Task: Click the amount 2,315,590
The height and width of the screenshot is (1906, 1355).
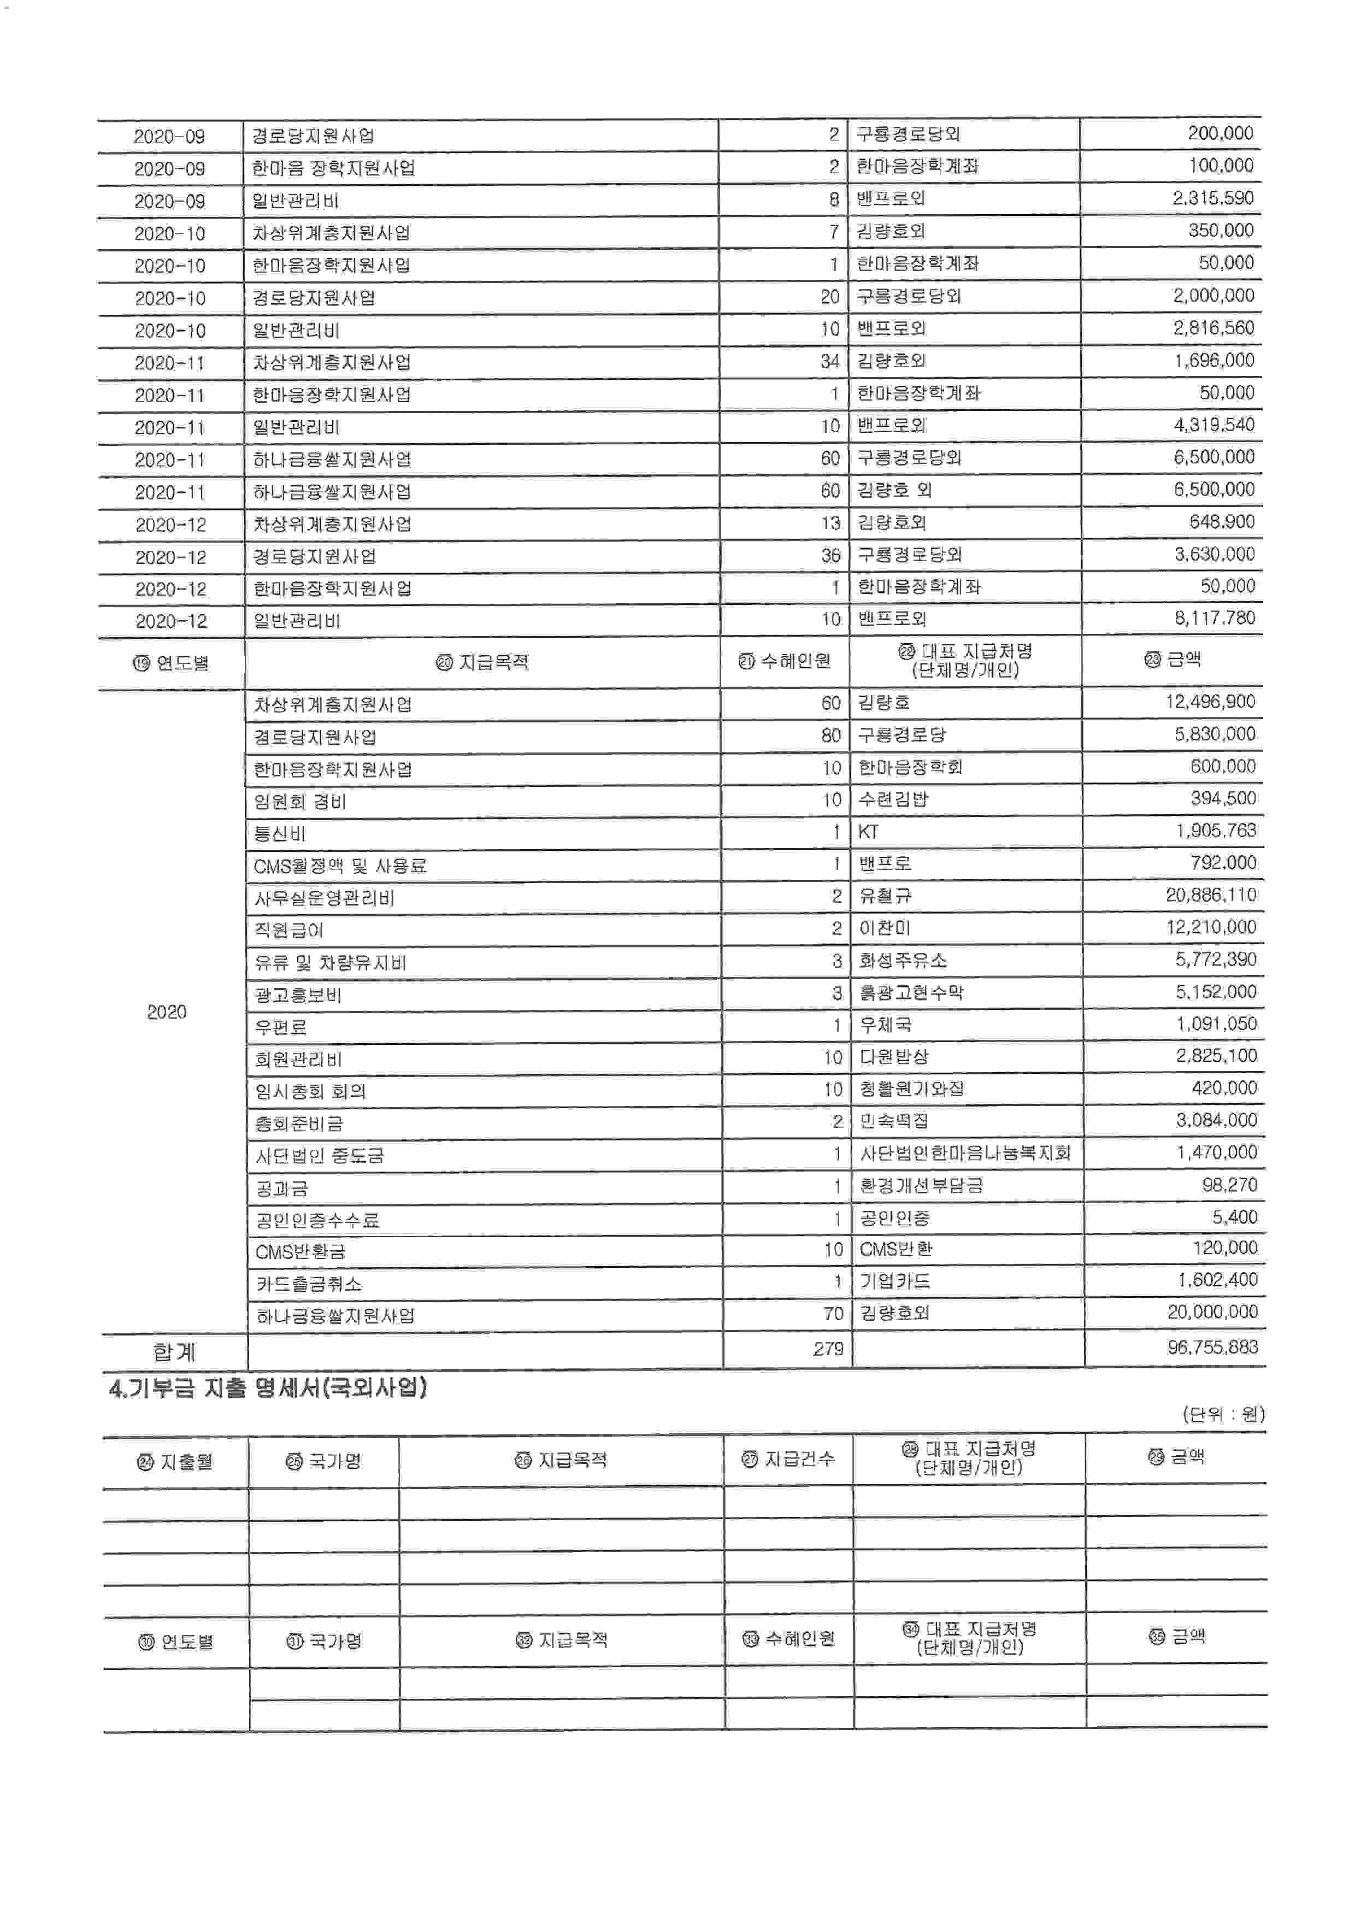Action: tap(1212, 198)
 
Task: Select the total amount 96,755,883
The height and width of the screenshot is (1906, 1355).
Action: tap(1212, 1347)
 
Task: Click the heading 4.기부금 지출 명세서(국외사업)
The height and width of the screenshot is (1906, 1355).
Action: tap(269, 1389)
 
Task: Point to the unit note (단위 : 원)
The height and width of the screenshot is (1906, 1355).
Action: tap(1223, 1414)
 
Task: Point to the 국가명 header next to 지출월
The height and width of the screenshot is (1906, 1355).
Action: tap(324, 1461)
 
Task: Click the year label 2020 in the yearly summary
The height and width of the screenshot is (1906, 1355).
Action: tap(167, 1012)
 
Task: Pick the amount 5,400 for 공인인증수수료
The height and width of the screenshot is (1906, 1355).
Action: tap(1234, 1217)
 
